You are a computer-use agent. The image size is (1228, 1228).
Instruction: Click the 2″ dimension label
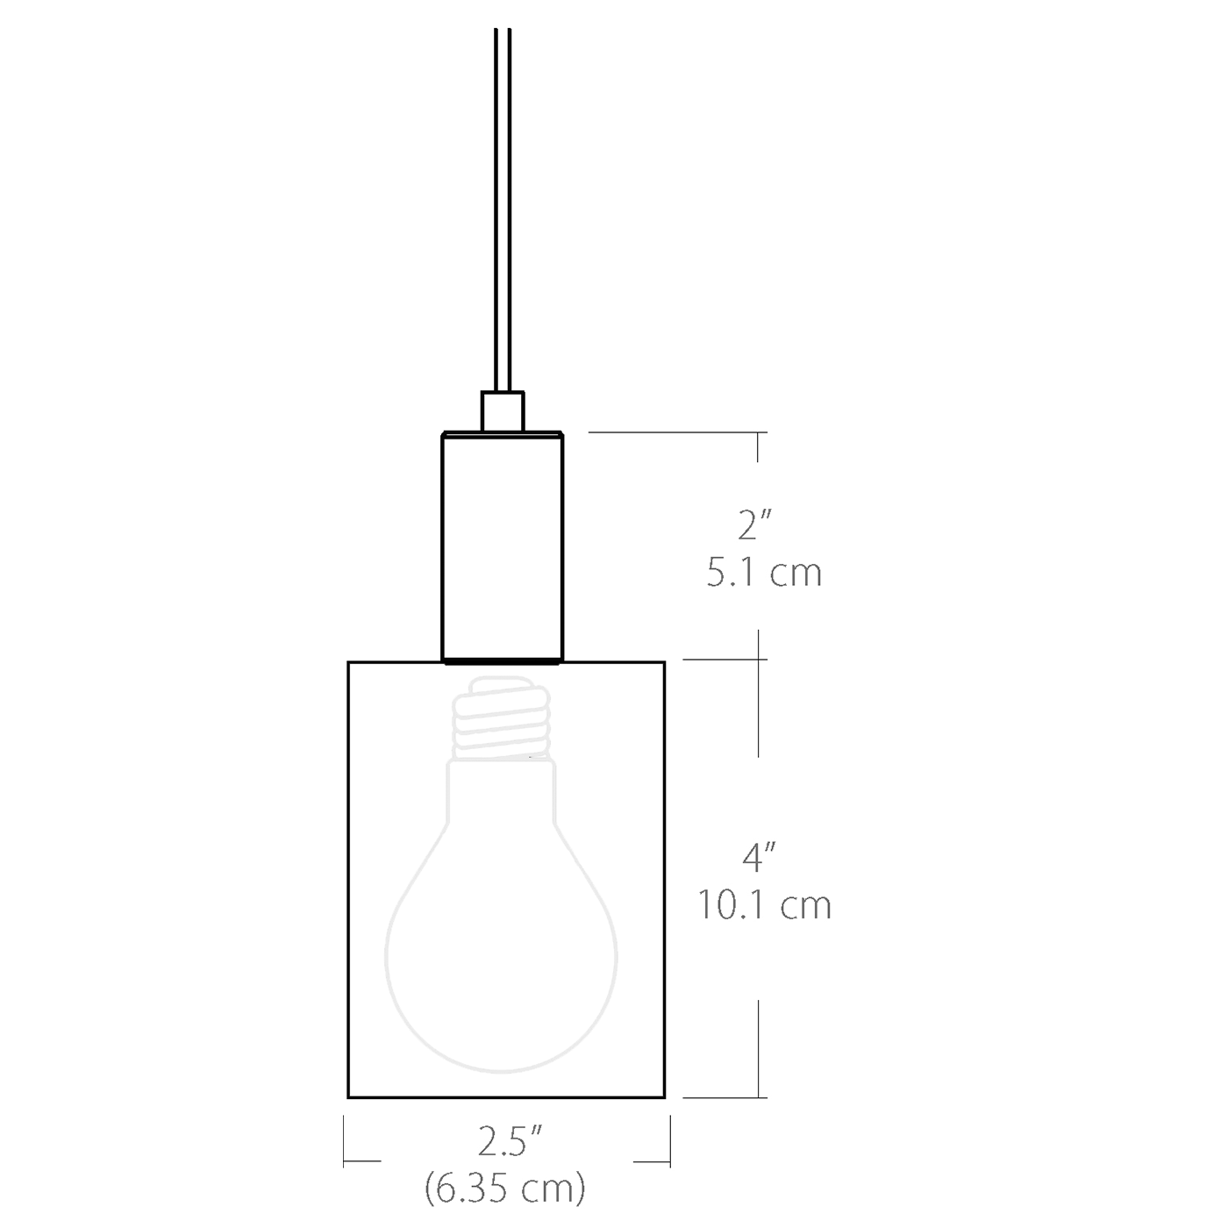(x=754, y=525)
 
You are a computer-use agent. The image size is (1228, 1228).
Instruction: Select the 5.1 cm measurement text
(x=764, y=573)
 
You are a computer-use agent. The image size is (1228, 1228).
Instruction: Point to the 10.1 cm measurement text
(x=764, y=904)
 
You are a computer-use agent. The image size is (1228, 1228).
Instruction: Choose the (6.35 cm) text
(x=505, y=1189)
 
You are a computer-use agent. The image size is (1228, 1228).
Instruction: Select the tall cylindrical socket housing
(x=502, y=544)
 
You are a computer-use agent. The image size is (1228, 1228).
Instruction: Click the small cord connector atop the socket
(x=503, y=411)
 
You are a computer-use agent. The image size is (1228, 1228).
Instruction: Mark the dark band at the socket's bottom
(x=502, y=660)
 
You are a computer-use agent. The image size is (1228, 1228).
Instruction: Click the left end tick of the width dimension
(x=344, y=1140)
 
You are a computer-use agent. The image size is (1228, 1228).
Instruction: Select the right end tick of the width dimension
(x=669, y=1140)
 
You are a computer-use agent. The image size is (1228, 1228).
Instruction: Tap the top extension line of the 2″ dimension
(x=675, y=432)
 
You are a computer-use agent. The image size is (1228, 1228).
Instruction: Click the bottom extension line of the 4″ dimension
(x=724, y=1096)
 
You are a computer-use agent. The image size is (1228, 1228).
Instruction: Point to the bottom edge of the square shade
(x=506, y=1096)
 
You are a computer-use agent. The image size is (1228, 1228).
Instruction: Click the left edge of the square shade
(x=348, y=877)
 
